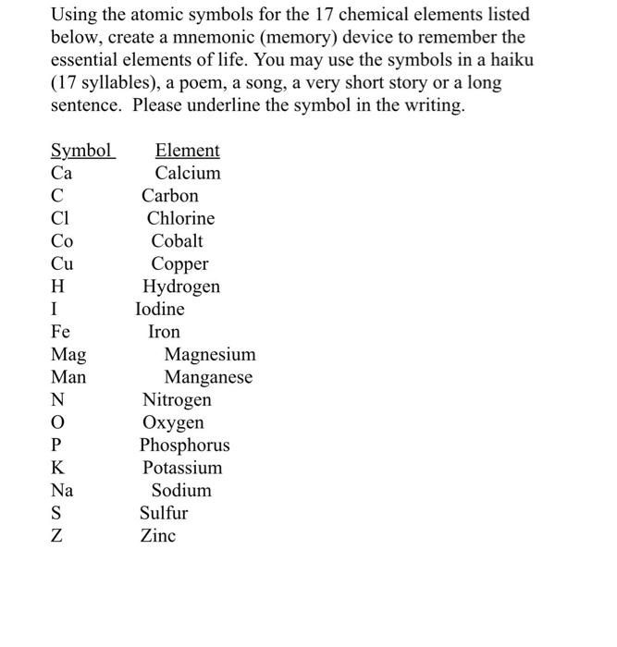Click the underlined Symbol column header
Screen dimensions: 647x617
[x=81, y=151]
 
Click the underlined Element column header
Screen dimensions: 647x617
[x=187, y=151]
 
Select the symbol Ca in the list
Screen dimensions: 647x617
[x=62, y=173]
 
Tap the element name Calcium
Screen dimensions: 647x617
[x=188, y=173]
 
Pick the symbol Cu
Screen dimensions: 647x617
[x=62, y=263]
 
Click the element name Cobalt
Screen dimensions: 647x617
[x=177, y=241]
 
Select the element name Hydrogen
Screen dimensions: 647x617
[x=181, y=287]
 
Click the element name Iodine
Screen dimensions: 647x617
[x=160, y=309]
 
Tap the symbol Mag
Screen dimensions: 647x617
[x=68, y=355]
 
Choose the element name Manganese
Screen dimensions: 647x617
[x=208, y=377]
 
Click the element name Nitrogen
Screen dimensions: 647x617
[x=177, y=400]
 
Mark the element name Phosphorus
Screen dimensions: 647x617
[x=184, y=446]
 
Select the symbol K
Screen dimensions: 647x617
[x=57, y=468]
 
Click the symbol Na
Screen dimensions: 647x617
[x=62, y=491]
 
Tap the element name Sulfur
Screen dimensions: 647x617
[x=164, y=513]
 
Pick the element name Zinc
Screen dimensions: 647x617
[x=158, y=536]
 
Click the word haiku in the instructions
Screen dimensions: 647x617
[x=510, y=60]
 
